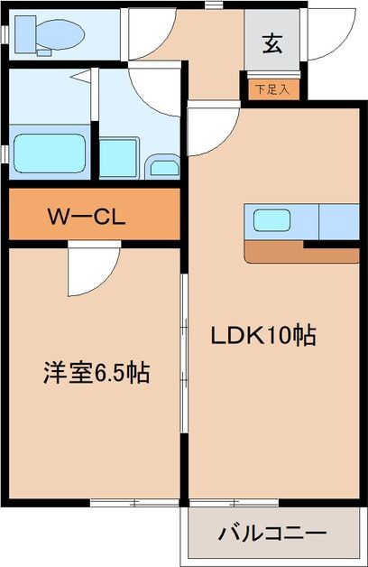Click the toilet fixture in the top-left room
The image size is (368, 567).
pyautogui.click(x=54, y=34)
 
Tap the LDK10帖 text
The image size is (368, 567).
pyautogui.click(x=262, y=337)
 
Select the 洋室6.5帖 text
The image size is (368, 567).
pyautogui.click(x=96, y=371)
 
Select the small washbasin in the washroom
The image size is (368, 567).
pyautogui.click(x=164, y=167)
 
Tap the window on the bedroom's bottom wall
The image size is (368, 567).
pyautogui.click(x=131, y=502)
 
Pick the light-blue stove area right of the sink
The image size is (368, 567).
pyautogui.click(x=339, y=220)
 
